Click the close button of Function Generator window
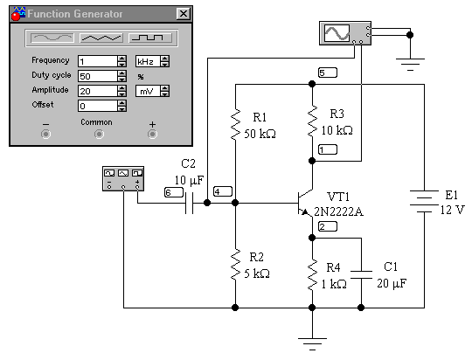[184, 14]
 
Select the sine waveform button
[52, 38]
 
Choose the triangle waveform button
[101, 38]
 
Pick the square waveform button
[150, 38]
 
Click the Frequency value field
[98, 61]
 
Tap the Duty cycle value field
[98, 76]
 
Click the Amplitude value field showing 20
[98, 91]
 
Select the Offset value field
[98, 106]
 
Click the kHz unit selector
[148, 61]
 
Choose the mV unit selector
[148, 91]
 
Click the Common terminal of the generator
[99, 134]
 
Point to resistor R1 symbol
[235, 125]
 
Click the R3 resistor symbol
[312, 121]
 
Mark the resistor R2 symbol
[235, 265]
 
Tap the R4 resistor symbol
[312, 275]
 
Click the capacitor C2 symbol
[189, 203]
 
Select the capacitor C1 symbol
[361, 275]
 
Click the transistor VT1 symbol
[305, 203]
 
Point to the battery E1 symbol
[424, 201]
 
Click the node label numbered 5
[328, 73]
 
